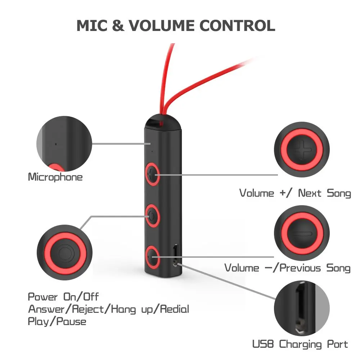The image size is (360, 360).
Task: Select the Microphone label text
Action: click(55, 177)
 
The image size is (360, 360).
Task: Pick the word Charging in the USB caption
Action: click(301, 344)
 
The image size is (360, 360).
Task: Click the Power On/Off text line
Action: click(63, 297)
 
